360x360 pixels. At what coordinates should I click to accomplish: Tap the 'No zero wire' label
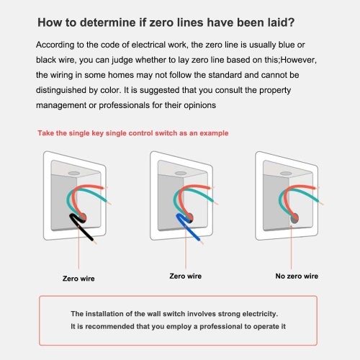(297, 276)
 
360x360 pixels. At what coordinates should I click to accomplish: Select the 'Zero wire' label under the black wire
(78, 279)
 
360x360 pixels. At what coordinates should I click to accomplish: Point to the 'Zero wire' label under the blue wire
(186, 276)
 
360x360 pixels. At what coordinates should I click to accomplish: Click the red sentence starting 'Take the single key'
(133, 133)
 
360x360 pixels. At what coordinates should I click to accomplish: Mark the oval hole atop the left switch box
(74, 173)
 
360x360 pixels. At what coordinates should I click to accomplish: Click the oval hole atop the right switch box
(286, 174)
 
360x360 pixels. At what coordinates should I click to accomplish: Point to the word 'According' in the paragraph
(55, 45)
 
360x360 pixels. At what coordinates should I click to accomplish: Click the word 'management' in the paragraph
(61, 106)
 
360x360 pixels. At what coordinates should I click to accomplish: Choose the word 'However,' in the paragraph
(299, 60)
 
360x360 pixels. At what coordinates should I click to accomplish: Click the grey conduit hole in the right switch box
(294, 219)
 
